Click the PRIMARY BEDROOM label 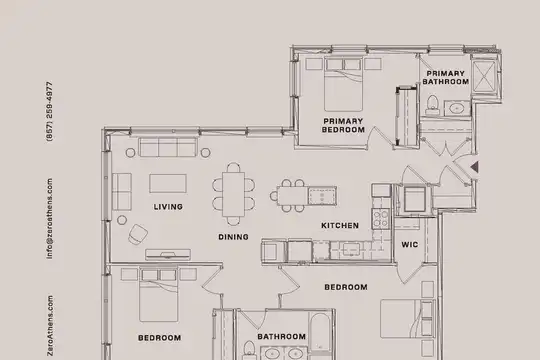[343, 125]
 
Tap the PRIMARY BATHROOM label [446, 78]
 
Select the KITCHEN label [340, 226]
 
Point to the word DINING [233, 237]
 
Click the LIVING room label [168, 207]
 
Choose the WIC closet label [410, 245]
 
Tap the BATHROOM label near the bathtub [281, 337]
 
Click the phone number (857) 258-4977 [50, 111]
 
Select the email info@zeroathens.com [50, 218]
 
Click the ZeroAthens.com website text [50, 326]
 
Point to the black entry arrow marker [475, 167]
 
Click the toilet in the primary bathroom [432, 105]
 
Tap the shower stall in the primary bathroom [484, 77]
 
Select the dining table [233, 194]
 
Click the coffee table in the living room [168, 183]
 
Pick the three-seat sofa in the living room [168, 147]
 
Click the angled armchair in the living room [138, 234]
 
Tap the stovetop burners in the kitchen [381, 219]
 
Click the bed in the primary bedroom [343, 84]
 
